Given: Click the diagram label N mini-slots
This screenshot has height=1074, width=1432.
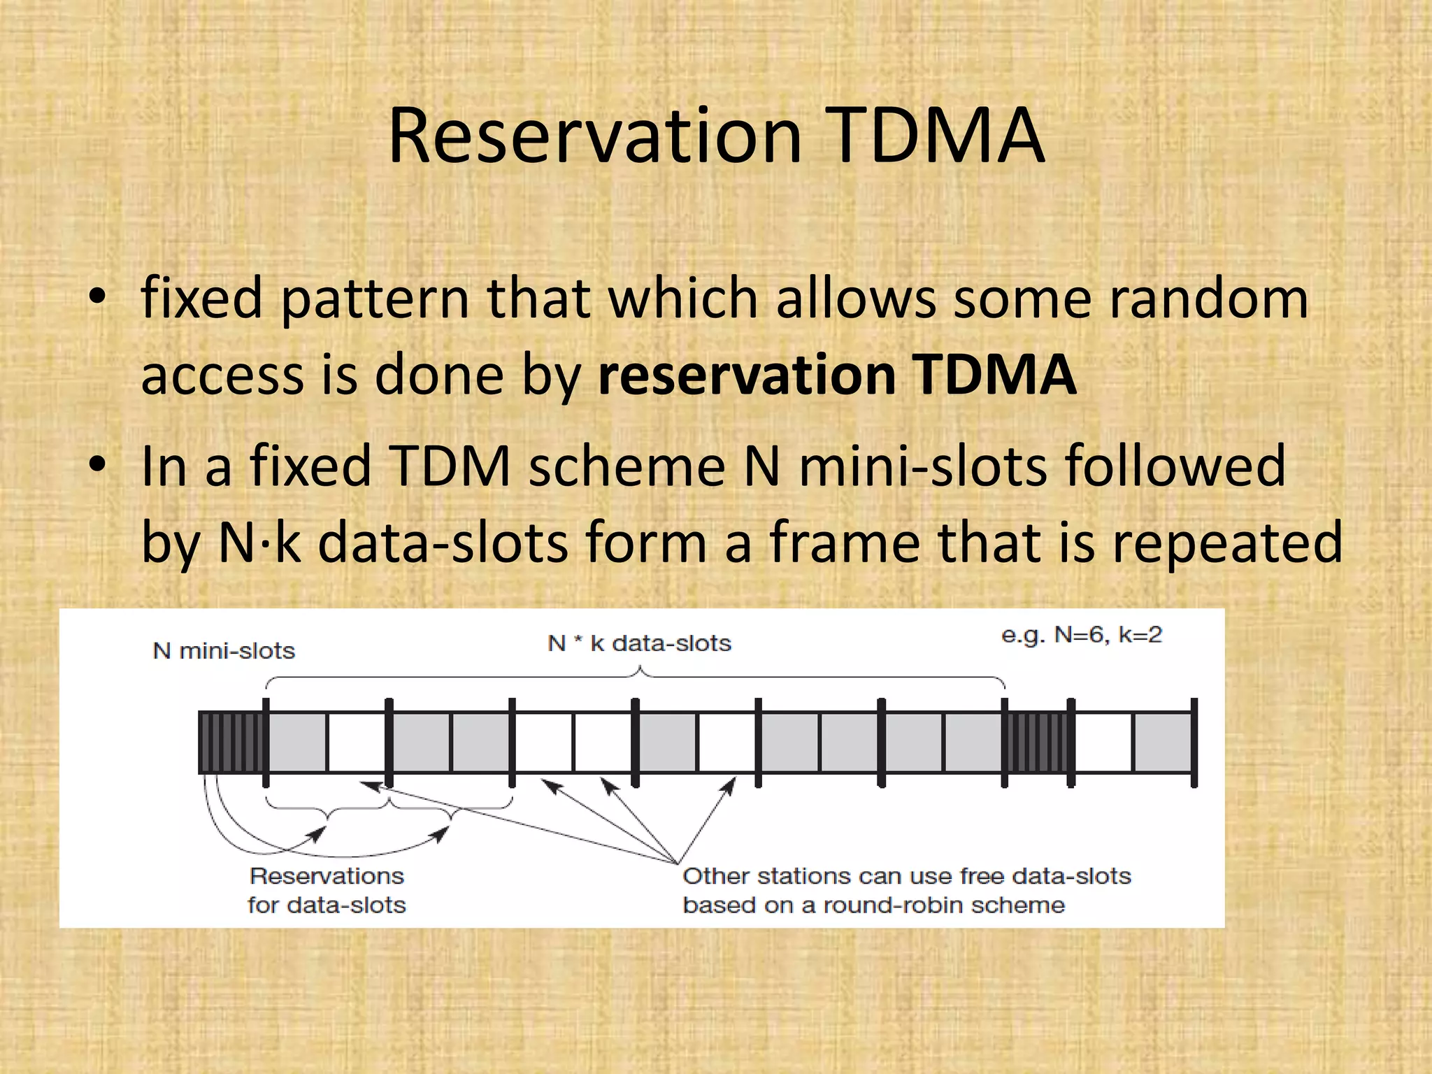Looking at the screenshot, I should coord(224,651).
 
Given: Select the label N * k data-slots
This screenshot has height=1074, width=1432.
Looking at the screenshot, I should coord(639,643).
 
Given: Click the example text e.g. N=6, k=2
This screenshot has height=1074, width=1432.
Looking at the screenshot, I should coord(1081,635).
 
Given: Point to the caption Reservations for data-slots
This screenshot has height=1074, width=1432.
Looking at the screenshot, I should coord(327,890).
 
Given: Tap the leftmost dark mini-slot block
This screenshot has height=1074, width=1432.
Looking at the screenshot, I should coord(231,742).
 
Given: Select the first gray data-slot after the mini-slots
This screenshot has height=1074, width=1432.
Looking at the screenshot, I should coord(297,742).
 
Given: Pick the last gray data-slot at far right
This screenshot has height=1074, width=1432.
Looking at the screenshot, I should coord(1162,742).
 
